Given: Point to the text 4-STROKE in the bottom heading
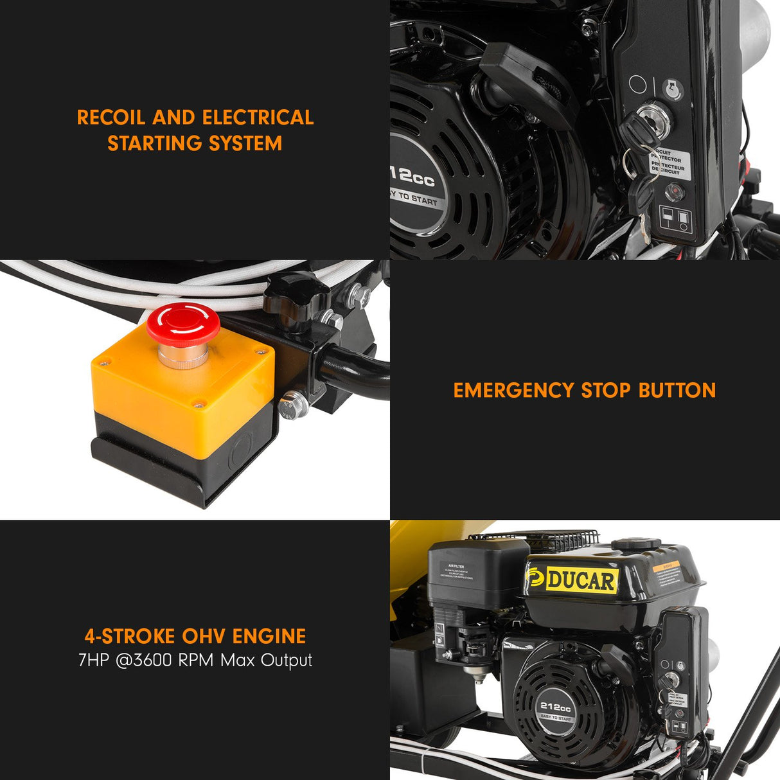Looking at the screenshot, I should tap(129, 636).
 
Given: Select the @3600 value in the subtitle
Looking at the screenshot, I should tap(145, 660).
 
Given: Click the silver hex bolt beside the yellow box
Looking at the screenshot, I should tap(294, 404).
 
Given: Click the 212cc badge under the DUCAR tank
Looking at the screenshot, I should tap(555, 708).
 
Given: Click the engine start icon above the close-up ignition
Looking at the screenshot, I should tap(672, 87).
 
